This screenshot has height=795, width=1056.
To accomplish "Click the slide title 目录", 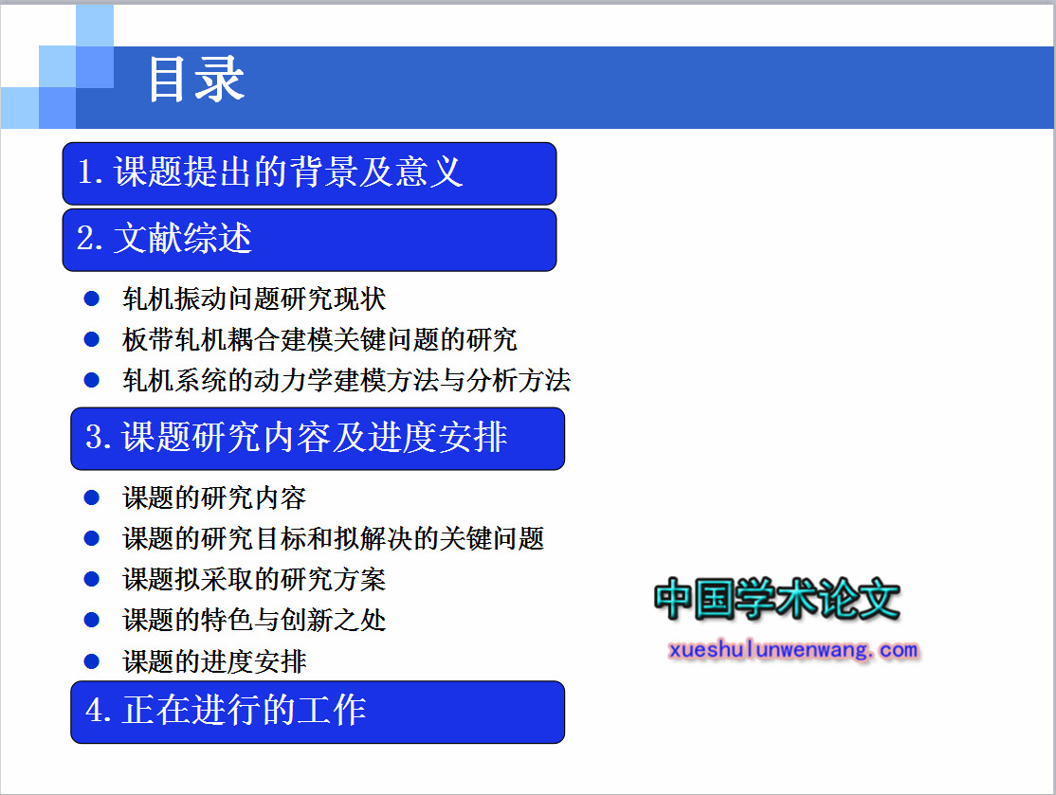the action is (x=196, y=80).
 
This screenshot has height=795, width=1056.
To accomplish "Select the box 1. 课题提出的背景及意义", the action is (x=309, y=173).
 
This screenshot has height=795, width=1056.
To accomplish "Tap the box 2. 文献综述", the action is (x=309, y=241).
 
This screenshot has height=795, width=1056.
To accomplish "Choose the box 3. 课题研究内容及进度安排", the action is (x=318, y=439).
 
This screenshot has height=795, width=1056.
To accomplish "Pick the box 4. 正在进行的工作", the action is (x=318, y=713).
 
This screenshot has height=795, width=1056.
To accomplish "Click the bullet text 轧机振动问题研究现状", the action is (x=254, y=298).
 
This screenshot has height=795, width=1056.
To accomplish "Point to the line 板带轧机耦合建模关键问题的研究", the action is (x=319, y=339).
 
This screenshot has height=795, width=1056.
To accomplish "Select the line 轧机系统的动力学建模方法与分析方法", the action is (x=346, y=380).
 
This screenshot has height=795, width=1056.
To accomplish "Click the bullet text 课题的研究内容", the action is (x=214, y=498).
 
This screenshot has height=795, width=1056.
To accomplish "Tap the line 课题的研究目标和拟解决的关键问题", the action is (x=334, y=538).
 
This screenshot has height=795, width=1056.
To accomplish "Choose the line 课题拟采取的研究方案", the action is (x=254, y=580).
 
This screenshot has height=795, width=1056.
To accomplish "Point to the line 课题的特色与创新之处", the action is (x=254, y=620).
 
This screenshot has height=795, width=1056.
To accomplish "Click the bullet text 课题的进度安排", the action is (x=214, y=661).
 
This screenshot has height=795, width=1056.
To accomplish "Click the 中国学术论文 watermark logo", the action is (x=777, y=599).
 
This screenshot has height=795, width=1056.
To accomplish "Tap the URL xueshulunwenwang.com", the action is (x=793, y=650).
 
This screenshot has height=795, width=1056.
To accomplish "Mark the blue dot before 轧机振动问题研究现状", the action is (x=92, y=298).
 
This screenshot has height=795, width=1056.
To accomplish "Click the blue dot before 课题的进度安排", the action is (x=92, y=661).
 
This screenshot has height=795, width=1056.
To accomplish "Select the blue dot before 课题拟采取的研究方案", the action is (x=92, y=579).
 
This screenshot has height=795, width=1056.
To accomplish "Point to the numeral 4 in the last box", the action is (x=94, y=710).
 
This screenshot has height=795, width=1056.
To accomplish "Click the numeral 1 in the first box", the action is (x=85, y=171).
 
